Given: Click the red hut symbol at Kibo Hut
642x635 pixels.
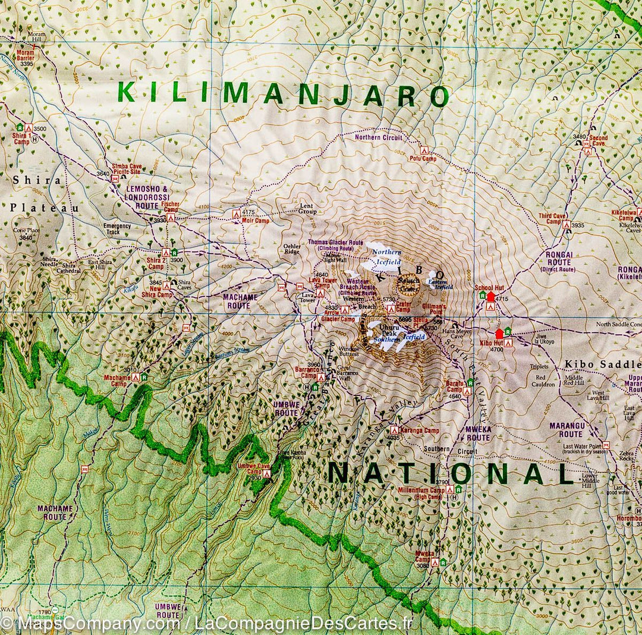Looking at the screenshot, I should (x=499, y=334).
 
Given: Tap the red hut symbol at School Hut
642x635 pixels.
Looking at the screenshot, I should (x=490, y=296).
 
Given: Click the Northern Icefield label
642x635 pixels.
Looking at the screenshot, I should (x=386, y=257).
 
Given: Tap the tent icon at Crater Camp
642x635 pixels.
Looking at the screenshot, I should (x=391, y=309).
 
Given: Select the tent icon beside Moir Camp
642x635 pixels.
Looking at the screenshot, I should (x=236, y=213).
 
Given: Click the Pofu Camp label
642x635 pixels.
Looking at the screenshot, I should (x=422, y=159).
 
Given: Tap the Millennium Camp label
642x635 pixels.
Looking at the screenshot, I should (x=429, y=493).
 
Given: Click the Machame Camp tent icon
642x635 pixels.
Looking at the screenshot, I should (x=136, y=377).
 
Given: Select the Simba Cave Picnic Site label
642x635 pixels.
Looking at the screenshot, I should (x=127, y=169).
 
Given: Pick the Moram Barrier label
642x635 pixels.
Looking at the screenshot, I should (x=26, y=55).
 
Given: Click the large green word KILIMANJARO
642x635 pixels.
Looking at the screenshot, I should (x=282, y=94).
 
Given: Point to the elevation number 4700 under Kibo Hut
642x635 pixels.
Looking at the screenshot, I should (x=496, y=350).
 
